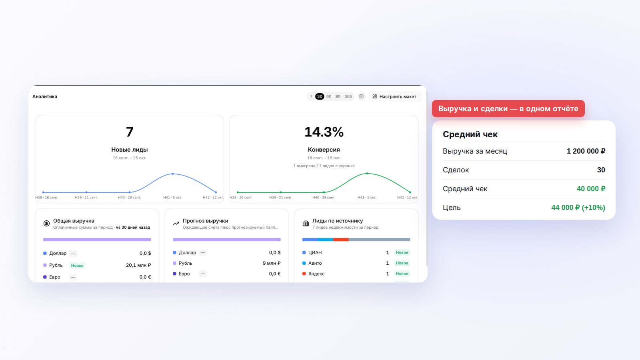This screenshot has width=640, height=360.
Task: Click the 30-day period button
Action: tap(320, 96)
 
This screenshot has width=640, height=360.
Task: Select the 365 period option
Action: tap(348, 96)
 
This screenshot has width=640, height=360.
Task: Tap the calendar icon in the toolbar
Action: tap(362, 96)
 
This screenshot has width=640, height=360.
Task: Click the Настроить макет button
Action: tap(394, 96)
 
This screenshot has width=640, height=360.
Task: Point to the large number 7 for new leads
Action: tap(130, 132)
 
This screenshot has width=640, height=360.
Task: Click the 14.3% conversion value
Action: tap(324, 132)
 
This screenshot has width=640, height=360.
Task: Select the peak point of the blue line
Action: tap(172, 174)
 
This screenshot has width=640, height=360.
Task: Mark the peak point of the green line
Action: tap(367, 174)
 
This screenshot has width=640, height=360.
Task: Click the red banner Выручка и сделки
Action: tap(508, 108)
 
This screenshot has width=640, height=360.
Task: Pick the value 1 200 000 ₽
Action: tap(586, 151)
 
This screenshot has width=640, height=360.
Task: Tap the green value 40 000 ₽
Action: tap(591, 189)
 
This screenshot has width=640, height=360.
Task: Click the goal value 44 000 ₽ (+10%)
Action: tap(578, 208)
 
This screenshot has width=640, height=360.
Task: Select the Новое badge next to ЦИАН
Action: tap(402, 252)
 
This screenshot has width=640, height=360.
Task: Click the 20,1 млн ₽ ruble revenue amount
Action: tap(138, 265)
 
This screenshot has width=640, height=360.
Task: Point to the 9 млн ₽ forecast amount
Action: tap(272, 263)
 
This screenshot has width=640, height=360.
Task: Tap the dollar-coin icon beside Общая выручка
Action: tap(46, 224)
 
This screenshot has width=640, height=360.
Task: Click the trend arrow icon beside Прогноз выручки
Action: tap(176, 224)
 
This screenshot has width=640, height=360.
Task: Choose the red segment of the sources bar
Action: tap(341, 240)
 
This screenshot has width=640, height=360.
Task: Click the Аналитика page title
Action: tap(44, 96)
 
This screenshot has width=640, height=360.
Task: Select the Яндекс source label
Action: tap(316, 274)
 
